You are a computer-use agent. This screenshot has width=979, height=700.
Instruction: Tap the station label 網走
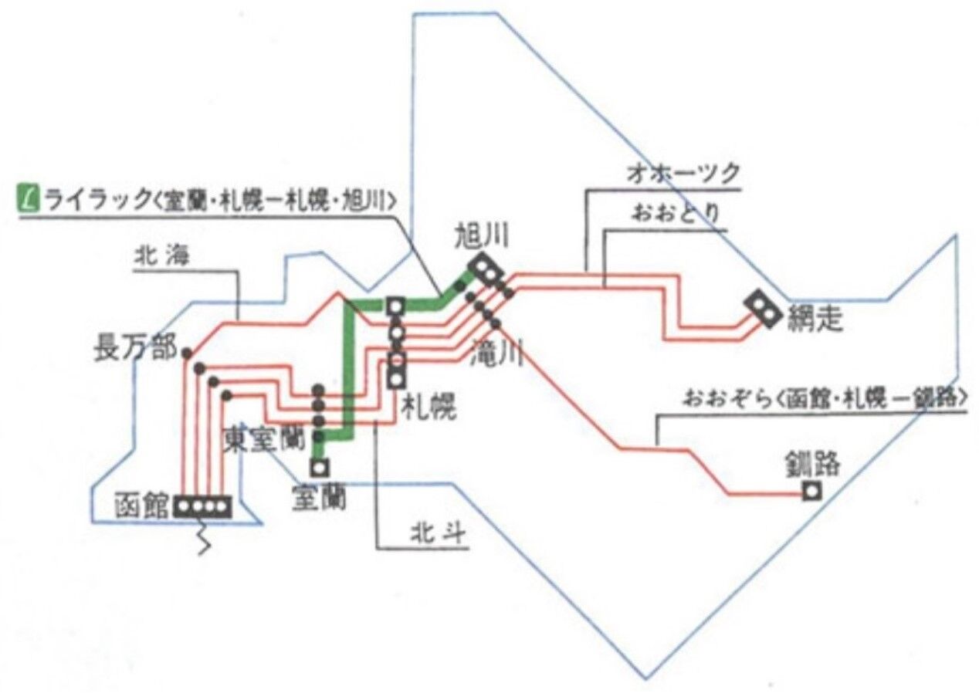click(815, 319)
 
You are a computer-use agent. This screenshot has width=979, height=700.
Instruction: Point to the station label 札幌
click(429, 407)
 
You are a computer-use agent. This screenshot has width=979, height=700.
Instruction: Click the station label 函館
click(141, 506)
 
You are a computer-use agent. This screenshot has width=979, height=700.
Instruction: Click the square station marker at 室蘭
click(319, 467)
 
